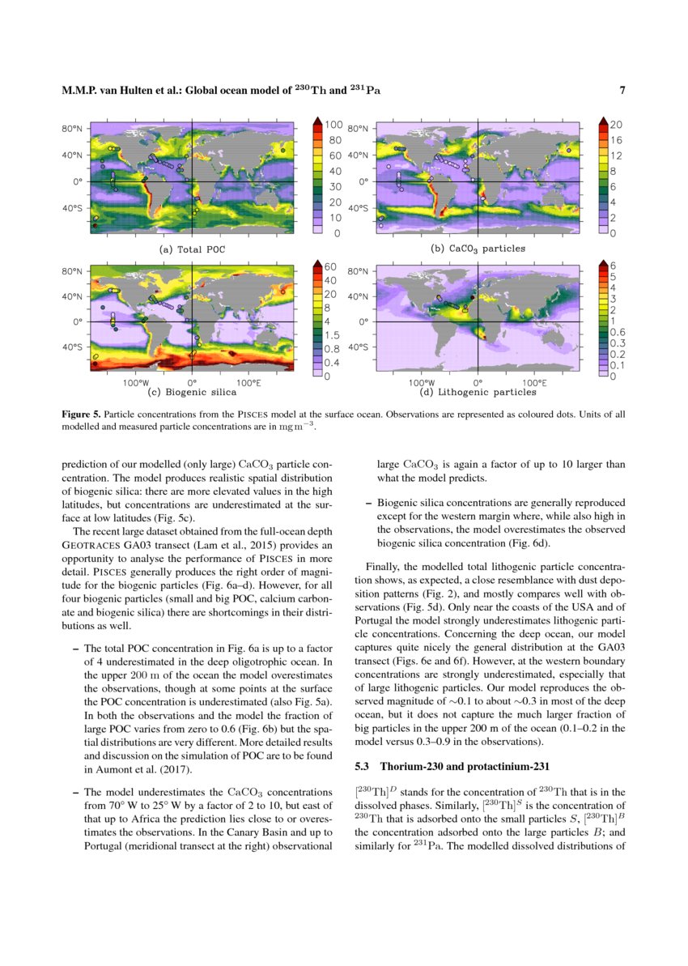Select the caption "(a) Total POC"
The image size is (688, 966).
coord(192,249)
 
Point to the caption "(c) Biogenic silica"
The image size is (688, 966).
coord(192,393)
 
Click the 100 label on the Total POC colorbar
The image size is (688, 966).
coord(333,125)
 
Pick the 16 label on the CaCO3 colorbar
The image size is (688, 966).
coord(614,140)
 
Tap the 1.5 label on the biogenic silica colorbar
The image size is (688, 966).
coord(333,334)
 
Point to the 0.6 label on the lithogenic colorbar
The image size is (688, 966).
coord(617,331)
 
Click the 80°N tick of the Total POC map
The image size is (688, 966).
coord(73,129)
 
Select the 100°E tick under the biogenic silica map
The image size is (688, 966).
coord(248,382)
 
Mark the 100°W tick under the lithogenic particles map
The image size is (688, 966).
coord(422,382)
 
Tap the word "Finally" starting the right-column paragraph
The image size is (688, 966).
coord(383,568)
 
